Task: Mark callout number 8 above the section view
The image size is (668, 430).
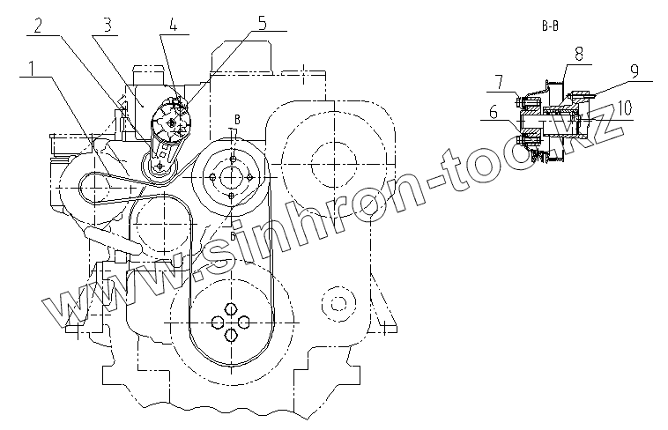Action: pos(578,53)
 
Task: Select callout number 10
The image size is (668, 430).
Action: pos(624,107)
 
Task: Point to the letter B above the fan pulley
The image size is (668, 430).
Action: pos(236,118)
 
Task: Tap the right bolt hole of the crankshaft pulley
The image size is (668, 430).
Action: pos(243,321)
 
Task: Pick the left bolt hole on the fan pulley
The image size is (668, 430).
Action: pos(215,177)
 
